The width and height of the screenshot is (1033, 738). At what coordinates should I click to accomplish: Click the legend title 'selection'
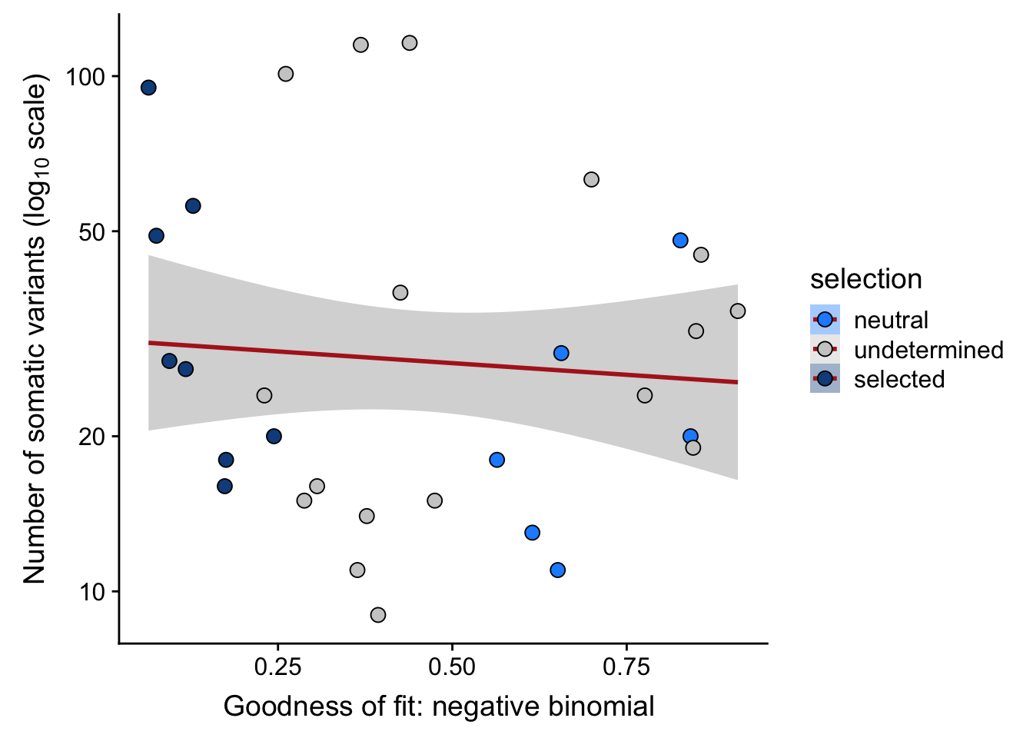(x=865, y=279)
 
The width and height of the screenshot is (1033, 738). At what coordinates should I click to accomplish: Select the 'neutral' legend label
(x=891, y=320)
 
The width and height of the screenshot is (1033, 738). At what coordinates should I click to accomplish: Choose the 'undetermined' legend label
(x=928, y=350)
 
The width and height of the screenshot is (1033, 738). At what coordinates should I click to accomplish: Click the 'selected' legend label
(x=898, y=379)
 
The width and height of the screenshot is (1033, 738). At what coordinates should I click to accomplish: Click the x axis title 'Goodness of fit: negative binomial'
(x=439, y=706)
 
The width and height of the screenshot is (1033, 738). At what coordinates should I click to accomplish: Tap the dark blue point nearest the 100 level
(x=148, y=88)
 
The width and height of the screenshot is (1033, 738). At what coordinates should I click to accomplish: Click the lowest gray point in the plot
(x=377, y=615)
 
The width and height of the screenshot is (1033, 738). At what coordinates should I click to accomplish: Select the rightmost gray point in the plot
(x=738, y=311)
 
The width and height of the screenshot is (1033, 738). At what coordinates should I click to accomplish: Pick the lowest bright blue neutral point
(x=557, y=570)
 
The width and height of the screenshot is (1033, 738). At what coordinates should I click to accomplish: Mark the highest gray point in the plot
(x=410, y=43)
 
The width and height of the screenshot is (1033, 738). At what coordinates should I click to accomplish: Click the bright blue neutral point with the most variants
(x=680, y=241)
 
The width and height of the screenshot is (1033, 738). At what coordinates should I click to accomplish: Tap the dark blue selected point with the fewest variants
(x=224, y=486)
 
